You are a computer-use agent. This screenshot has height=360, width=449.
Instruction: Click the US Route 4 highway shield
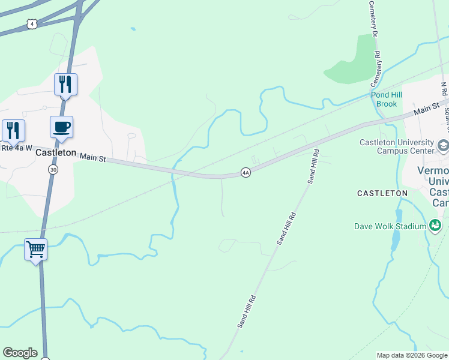click(x=32, y=23)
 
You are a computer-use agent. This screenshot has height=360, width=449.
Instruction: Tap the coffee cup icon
click(x=61, y=127)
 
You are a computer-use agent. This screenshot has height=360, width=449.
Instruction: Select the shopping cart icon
click(x=35, y=248)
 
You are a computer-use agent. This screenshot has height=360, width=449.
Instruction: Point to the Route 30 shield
click(x=53, y=170)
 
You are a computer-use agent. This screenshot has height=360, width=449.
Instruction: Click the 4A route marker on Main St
click(x=245, y=172)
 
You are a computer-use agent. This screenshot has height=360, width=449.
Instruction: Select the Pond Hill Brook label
click(x=387, y=100)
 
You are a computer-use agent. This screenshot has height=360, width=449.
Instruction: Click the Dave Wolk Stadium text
click(x=390, y=226)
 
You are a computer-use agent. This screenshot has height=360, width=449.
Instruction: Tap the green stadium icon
click(x=435, y=226)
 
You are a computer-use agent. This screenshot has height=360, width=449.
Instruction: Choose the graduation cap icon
click(x=443, y=145)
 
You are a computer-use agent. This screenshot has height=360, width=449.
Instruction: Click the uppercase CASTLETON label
click(x=382, y=193)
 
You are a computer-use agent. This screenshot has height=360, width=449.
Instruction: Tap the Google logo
click(x=20, y=353)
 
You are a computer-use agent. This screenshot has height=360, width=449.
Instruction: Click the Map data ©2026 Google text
click(x=411, y=355)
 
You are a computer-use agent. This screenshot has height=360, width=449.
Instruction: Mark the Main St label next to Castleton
click(x=93, y=158)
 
